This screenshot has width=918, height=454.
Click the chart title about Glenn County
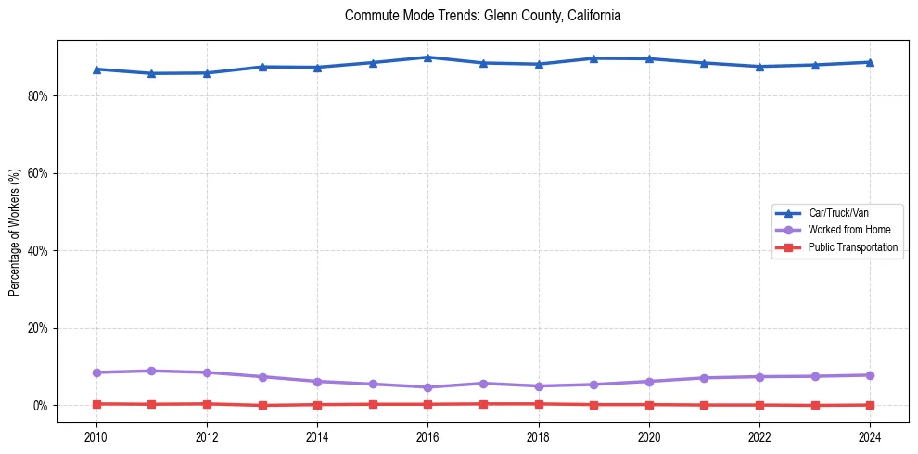click(x=482, y=16)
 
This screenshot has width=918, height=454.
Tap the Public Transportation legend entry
click(x=852, y=247)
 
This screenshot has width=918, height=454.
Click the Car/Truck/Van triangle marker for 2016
click(x=427, y=57)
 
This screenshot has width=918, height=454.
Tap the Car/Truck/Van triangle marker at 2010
click(x=96, y=69)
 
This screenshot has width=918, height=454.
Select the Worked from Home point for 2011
click(x=151, y=371)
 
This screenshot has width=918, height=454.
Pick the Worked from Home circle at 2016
click(x=427, y=387)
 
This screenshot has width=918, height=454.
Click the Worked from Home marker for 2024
click(x=869, y=375)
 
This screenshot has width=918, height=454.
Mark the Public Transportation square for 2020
click(x=648, y=404)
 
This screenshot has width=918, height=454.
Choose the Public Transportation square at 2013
click(x=261, y=405)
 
